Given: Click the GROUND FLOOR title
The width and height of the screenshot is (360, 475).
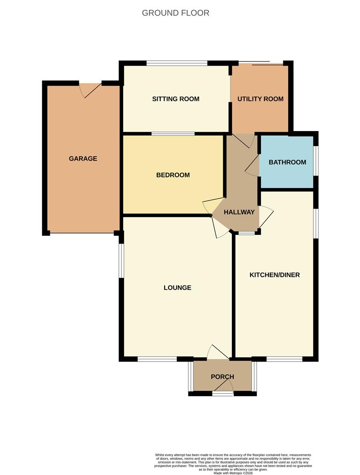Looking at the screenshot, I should pos(175,13).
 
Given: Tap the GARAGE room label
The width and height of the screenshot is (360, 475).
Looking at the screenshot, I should pos(83,159).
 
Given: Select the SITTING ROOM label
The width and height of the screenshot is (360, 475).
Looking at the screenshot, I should pos(176,99).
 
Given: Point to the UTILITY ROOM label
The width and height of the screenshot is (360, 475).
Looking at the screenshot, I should pos(260,99).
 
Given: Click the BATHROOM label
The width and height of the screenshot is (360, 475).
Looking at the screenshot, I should pos(287,162).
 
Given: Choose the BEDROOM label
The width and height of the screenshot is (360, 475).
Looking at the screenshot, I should pos(173,175).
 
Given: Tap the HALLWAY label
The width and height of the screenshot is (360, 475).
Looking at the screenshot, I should pos(239,212).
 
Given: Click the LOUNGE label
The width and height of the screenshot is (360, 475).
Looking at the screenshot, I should pos(177,288).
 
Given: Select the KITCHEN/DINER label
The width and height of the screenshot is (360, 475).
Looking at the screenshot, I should pos(275,275).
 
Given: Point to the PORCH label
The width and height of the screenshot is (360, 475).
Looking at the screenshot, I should pos(222,377).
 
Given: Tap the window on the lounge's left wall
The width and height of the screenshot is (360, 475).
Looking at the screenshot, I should pos(121,260).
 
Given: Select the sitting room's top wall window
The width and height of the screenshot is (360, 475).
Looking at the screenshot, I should pos(176,63).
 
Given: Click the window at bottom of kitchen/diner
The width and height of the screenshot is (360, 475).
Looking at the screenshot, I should pos(284,359).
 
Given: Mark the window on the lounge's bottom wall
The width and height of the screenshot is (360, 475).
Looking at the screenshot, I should pos(157,359).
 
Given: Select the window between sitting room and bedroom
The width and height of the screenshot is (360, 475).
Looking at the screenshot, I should pos(173,133).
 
